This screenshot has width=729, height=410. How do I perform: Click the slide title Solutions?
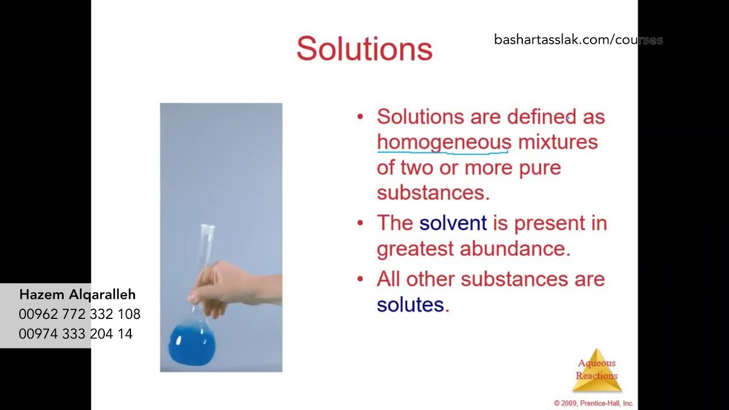[364, 49]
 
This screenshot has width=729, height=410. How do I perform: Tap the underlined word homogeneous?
[444, 142]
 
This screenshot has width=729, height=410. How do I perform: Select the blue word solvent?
[453, 223]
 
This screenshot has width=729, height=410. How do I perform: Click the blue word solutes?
[410, 304]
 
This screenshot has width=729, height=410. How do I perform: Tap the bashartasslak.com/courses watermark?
[578, 40]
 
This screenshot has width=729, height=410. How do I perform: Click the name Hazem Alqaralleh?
[77, 294]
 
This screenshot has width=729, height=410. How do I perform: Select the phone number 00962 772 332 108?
[79, 314]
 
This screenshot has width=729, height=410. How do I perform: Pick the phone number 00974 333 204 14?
[76, 334]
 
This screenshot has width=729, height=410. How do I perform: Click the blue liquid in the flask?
[192, 345]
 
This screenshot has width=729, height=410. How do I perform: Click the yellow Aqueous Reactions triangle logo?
[596, 371]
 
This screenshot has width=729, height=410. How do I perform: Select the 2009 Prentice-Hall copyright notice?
[593, 403]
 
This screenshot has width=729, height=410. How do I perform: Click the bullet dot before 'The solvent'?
[360, 223]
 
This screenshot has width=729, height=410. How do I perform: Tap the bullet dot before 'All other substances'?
[360, 278]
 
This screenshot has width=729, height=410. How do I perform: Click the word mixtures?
[558, 142]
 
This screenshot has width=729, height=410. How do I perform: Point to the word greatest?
[415, 249]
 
